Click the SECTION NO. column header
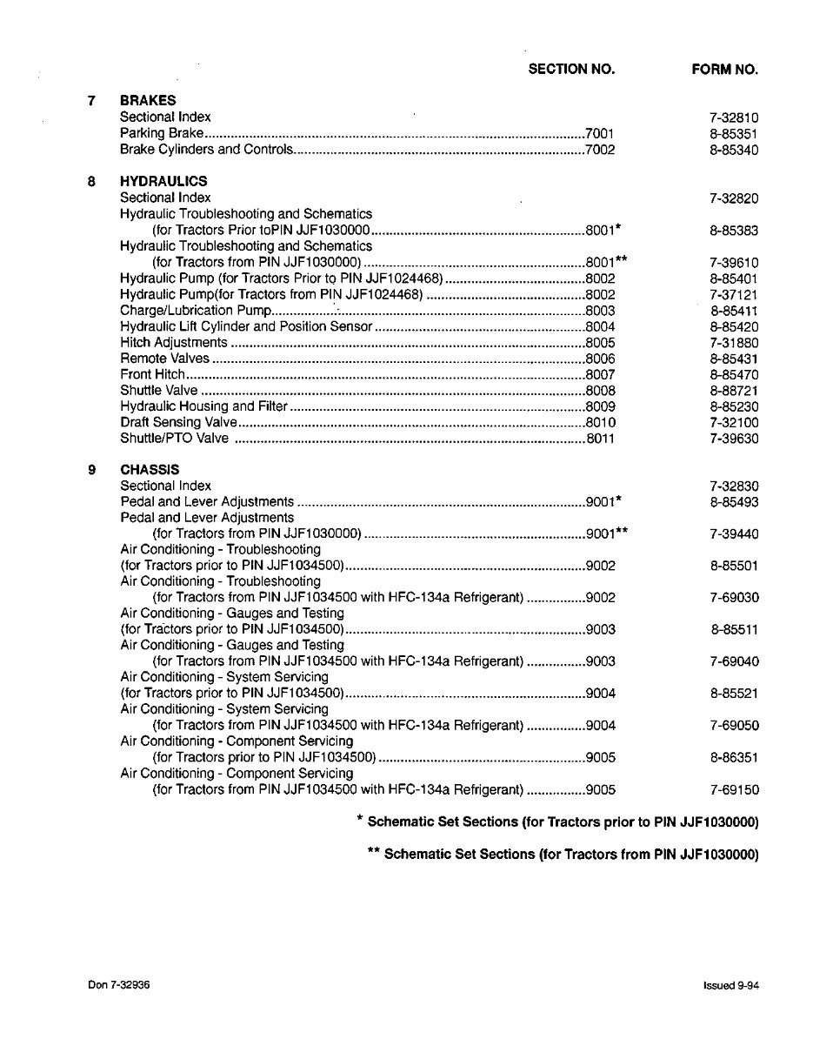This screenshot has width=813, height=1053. point(571,70)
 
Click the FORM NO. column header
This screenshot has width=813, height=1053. point(724,70)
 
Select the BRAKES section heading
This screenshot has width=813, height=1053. point(148,100)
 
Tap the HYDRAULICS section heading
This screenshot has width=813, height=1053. point(163,181)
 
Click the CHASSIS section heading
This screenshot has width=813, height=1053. point(150,470)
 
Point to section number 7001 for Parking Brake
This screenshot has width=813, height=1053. point(600,133)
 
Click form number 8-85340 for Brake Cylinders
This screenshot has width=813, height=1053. point(734,150)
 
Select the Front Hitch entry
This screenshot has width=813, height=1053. point(153,374)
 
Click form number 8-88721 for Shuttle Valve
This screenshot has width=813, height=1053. point(734,391)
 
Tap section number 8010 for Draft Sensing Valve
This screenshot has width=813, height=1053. point(601,423)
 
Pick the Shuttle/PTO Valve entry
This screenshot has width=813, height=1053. point(175,439)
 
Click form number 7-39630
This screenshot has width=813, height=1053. point(734,439)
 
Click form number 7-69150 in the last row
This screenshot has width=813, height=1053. point(734,790)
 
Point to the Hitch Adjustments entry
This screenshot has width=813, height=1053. point(173,342)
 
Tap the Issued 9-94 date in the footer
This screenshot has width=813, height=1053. point(730,986)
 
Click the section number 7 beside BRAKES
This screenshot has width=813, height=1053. point(92,100)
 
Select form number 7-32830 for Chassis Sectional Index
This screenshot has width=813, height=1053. point(734,486)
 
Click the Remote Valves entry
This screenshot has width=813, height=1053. point(164,359)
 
